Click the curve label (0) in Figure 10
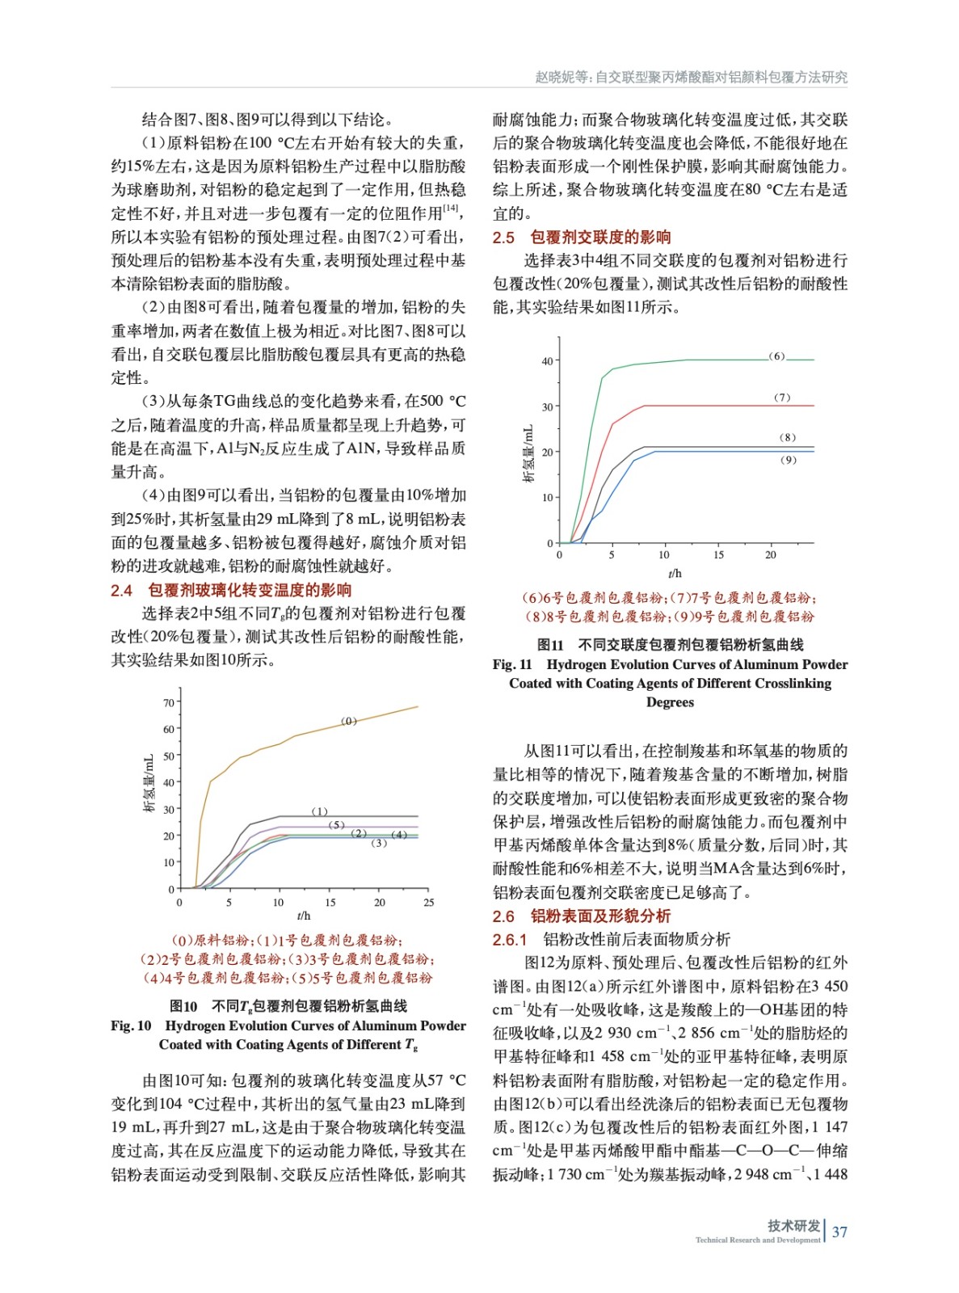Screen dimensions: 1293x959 point(349,721)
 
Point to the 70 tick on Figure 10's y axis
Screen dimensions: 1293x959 point(169,702)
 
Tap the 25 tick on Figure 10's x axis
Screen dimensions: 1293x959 point(429,903)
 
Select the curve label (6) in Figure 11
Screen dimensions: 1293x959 point(776,356)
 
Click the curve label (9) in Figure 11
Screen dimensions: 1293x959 point(788,460)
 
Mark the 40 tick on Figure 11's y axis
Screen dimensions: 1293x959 point(548,361)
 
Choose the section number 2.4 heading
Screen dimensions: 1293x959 point(121,590)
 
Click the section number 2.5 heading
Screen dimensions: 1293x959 point(503,238)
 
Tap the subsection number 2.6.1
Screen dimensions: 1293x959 point(510,939)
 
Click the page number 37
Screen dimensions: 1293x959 point(840,1232)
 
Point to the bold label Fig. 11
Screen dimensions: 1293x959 point(512,664)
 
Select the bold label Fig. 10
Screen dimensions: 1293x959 point(131,1026)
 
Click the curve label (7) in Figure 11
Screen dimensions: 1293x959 point(782,398)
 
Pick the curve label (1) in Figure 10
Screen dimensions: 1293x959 point(320,811)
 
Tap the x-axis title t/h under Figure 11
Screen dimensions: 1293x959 point(675,573)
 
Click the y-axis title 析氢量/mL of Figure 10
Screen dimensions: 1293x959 point(149,783)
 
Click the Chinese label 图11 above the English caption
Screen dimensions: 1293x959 point(550,645)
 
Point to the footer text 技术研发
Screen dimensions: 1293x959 point(793,1225)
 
